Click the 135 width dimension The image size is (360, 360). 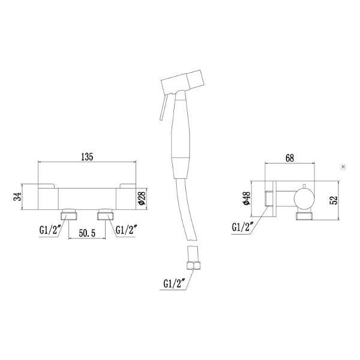[87, 157]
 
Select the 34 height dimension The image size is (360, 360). [17, 197]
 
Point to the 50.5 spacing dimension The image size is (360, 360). [87, 233]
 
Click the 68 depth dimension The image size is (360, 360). [290, 158]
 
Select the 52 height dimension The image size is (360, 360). [334, 200]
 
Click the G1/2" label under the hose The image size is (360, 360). [174, 283]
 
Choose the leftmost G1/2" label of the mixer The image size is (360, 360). [50, 230]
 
